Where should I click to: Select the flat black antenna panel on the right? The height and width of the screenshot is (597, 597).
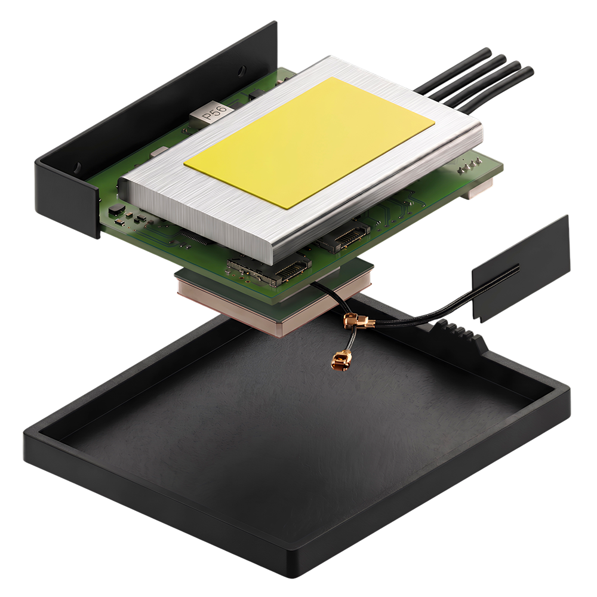521,269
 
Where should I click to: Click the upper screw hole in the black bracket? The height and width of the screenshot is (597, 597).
241,71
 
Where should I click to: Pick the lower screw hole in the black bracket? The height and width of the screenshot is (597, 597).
78,167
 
